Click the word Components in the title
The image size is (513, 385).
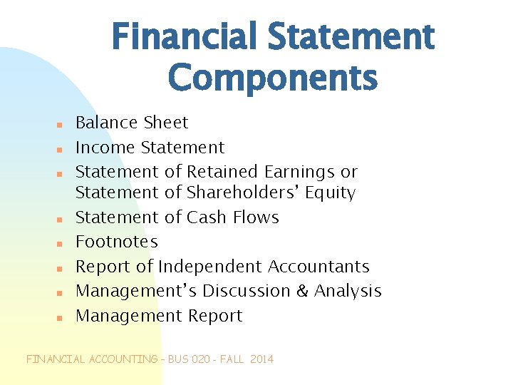click(273, 77)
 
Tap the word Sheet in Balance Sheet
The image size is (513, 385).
click(166, 123)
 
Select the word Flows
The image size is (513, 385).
click(256, 217)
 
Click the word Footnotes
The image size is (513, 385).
click(117, 242)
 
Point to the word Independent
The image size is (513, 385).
click(210, 267)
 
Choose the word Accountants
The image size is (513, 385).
click(318, 267)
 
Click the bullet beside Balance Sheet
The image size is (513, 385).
click(61, 125)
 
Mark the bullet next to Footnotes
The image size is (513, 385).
click(61, 244)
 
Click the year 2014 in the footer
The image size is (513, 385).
click(261, 359)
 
